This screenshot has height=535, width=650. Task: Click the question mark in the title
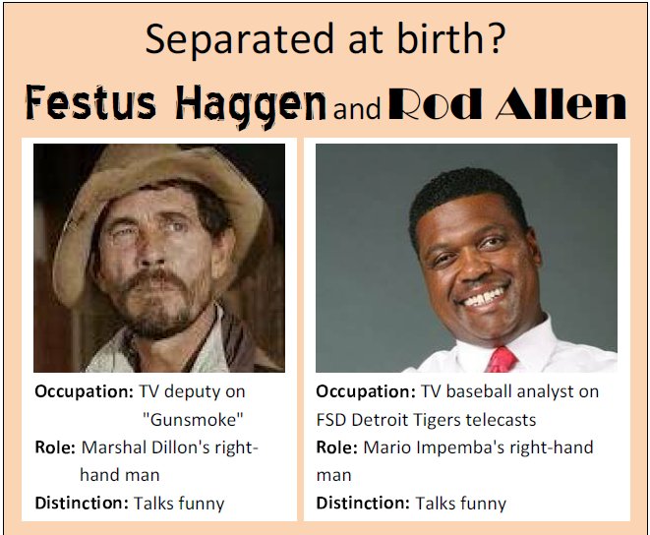pos(497,38)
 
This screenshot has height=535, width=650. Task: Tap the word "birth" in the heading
pos(440,38)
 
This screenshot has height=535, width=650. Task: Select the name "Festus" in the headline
pos(90,102)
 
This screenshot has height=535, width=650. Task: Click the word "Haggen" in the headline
pos(251,105)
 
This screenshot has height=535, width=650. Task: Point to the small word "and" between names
pos(357,108)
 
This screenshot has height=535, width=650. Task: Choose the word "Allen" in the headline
pos(561,103)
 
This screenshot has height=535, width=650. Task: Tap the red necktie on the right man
pos(502,360)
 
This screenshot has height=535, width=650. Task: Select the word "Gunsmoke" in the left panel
pos(193,420)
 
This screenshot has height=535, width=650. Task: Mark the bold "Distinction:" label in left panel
pos(82,504)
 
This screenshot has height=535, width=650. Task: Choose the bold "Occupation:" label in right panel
pos(366,392)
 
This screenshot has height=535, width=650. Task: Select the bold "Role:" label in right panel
pos(336,447)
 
